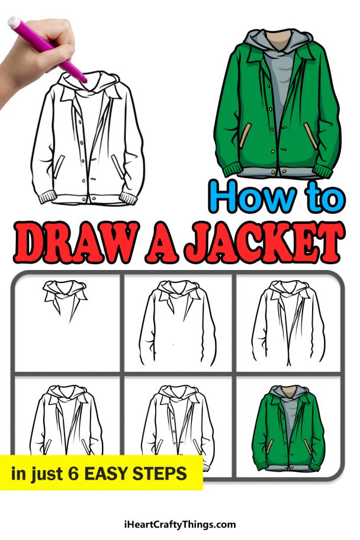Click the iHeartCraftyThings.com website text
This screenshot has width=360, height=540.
(180, 524)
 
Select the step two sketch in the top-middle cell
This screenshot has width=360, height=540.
(177, 323)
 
